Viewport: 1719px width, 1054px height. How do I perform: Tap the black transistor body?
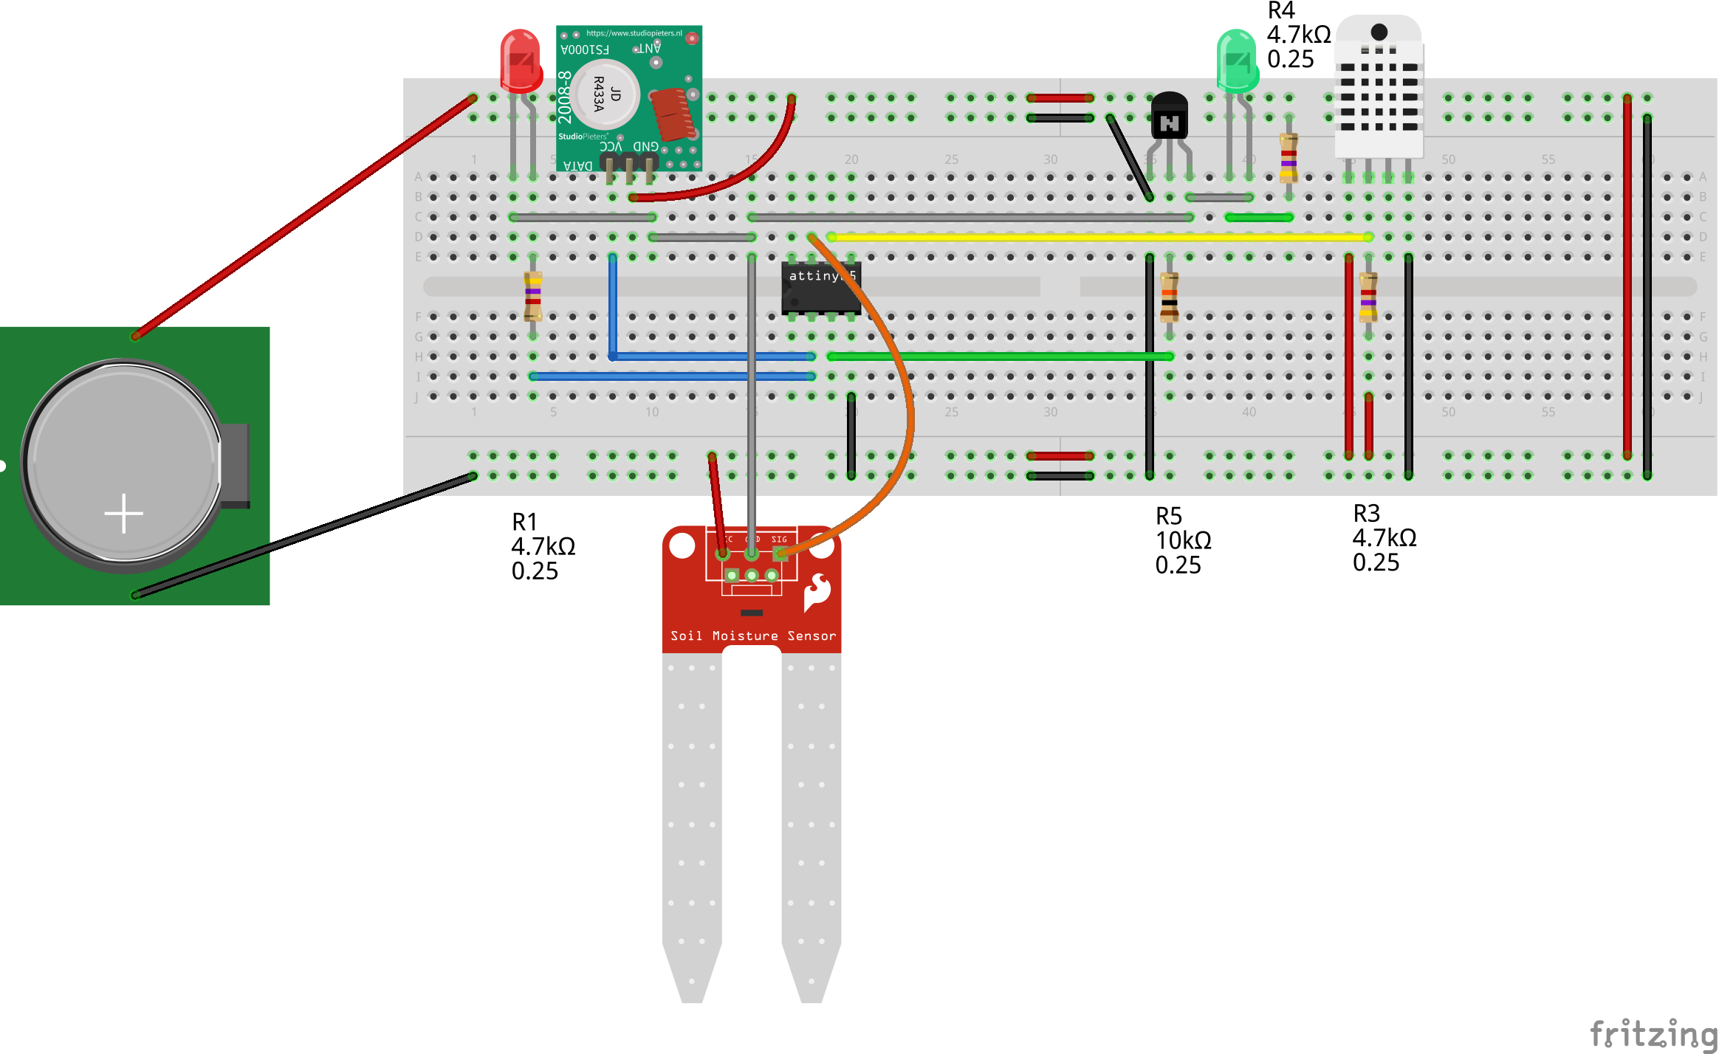(1169, 117)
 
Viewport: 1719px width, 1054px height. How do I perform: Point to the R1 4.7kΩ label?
(543, 547)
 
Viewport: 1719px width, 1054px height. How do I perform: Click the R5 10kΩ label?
(1182, 540)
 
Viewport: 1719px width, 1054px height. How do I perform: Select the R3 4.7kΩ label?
(1383, 538)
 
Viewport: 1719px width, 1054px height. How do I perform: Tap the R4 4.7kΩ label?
(1298, 35)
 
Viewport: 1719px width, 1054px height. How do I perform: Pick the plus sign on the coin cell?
(123, 513)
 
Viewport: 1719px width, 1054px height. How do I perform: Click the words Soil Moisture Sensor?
(752, 635)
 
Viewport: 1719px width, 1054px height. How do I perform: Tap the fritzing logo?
(1653, 1034)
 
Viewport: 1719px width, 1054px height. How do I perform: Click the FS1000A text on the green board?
(585, 50)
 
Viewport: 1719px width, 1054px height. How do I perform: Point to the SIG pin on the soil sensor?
(780, 553)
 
